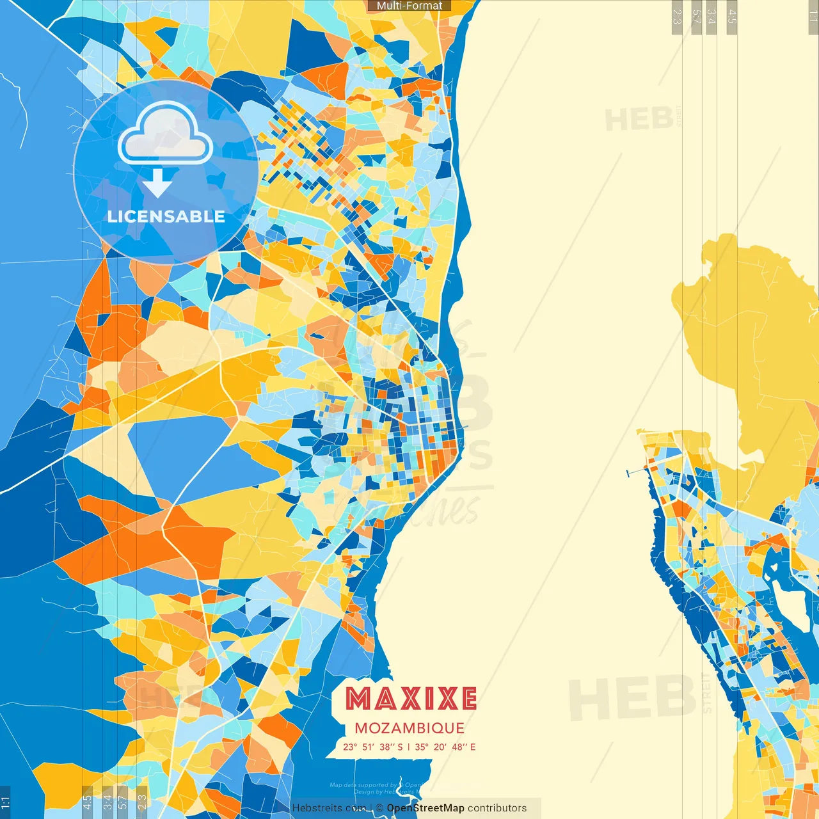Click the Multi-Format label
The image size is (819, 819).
[x=409, y=6]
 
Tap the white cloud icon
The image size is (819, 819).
[x=165, y=134]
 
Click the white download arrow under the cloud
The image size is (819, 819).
[x=157, y=183]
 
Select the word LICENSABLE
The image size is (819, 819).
[x=166, y=216]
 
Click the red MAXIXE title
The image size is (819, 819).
[x=411, y=699]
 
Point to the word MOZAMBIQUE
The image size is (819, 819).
[x=409, y=728]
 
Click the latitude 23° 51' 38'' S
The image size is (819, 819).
[x=373, y=747]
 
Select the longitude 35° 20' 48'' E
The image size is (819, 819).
[x=445, y=747]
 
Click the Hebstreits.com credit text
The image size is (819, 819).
[x=329, y=808]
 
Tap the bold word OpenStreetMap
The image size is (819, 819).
[x=425, y=808]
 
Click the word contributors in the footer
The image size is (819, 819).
[x=497, y=808]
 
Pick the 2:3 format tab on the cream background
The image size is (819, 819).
[x=677, y=17]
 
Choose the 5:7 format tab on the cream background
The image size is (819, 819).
[x=696, y=17]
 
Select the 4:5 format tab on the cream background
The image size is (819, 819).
[x=732, y=17]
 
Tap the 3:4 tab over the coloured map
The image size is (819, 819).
[x=107, y=801]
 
